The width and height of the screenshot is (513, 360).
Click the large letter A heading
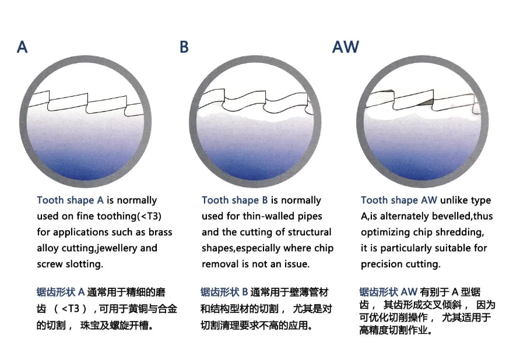22,47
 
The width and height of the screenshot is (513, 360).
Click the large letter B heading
184,47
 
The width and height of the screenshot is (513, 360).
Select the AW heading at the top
346,47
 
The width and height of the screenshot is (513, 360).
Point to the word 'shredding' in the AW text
459,232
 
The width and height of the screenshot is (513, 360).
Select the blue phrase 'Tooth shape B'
234,200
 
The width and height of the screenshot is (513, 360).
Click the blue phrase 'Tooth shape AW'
398,200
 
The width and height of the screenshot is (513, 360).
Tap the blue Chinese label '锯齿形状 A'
61,291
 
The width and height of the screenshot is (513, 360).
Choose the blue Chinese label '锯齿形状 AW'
388,291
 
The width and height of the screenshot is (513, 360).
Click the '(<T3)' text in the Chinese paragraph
72,308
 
